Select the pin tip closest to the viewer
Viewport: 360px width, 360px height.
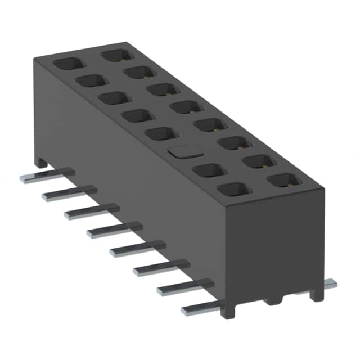click(x=186, y=310)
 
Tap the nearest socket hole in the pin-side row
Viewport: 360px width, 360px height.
click(x=232, y=189)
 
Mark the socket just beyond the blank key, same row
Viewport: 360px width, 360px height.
click(x=162, y=133)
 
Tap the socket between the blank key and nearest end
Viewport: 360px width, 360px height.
click(x=209, y=170)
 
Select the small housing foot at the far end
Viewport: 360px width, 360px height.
click(x=40, y=163)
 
